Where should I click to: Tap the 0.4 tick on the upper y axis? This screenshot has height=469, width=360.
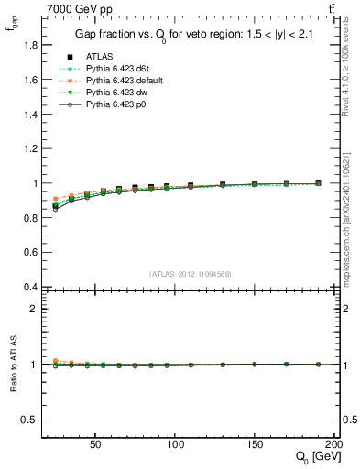(26, 287)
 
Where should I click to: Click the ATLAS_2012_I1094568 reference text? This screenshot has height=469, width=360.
(191, 273)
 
